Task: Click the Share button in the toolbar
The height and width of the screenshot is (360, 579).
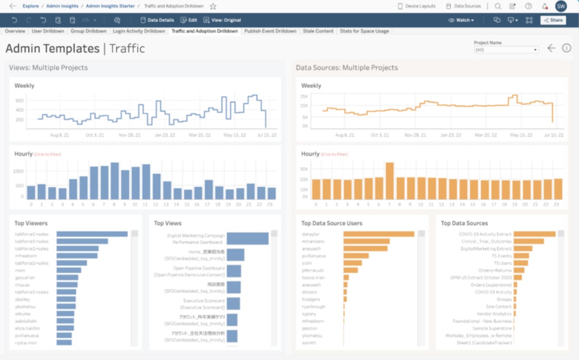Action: (553, 20)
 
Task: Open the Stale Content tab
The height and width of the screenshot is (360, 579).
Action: (318, 31)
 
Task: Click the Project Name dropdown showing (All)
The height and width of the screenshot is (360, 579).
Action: (505, 50)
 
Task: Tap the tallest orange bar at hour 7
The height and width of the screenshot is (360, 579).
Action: (389, 181)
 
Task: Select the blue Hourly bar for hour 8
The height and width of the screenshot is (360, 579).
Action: (114, 181)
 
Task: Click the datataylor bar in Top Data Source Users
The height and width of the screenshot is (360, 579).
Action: (378, 234)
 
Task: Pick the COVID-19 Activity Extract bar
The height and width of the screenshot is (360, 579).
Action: (534, 234)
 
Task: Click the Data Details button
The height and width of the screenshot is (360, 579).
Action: (157, 20)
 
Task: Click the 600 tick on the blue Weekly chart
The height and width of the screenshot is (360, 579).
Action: (19, 100)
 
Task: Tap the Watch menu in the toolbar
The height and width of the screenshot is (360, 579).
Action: (461, 20)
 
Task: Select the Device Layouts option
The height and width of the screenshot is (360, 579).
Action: (416, 6)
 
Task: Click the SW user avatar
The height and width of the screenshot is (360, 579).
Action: (561, 7)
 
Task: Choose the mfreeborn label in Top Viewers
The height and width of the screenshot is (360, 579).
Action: (26, 255)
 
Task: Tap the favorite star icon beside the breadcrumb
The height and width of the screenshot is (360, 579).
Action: (213, 7)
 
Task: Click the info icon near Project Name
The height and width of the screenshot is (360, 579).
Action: (567, 48)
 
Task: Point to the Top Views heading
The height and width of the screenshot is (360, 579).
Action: (168, 223)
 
